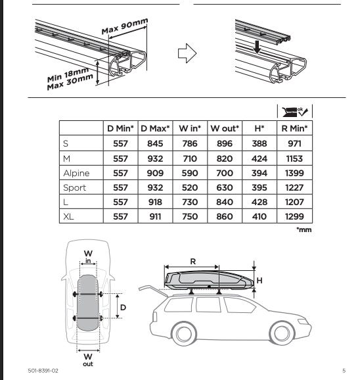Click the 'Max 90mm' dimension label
(x=125, y=26)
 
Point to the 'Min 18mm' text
(x=68, y=75)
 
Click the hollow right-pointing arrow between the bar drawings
(x=187, y=53)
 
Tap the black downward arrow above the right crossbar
(x=257, y=47)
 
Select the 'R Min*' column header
(x=294, y=128)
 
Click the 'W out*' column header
(x=225, y=128)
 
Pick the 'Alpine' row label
(x=76, y=174)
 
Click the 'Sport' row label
(x=75, y=188)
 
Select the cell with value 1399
(x=294, y=173)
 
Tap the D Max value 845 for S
(x=155, y=143)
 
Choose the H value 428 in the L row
(x=259, y=202)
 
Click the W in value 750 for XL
(x=190, y=216)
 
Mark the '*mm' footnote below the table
(x=304, y=229)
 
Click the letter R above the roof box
(x=193, y=262)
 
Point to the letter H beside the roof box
(x=259, y=281)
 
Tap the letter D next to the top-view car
(x=123, y=308)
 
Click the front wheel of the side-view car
(x=282, y=333)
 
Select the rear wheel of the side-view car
(x=184, y=334)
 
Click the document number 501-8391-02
(x=43, y=371)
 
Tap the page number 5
(x=344, y=371)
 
